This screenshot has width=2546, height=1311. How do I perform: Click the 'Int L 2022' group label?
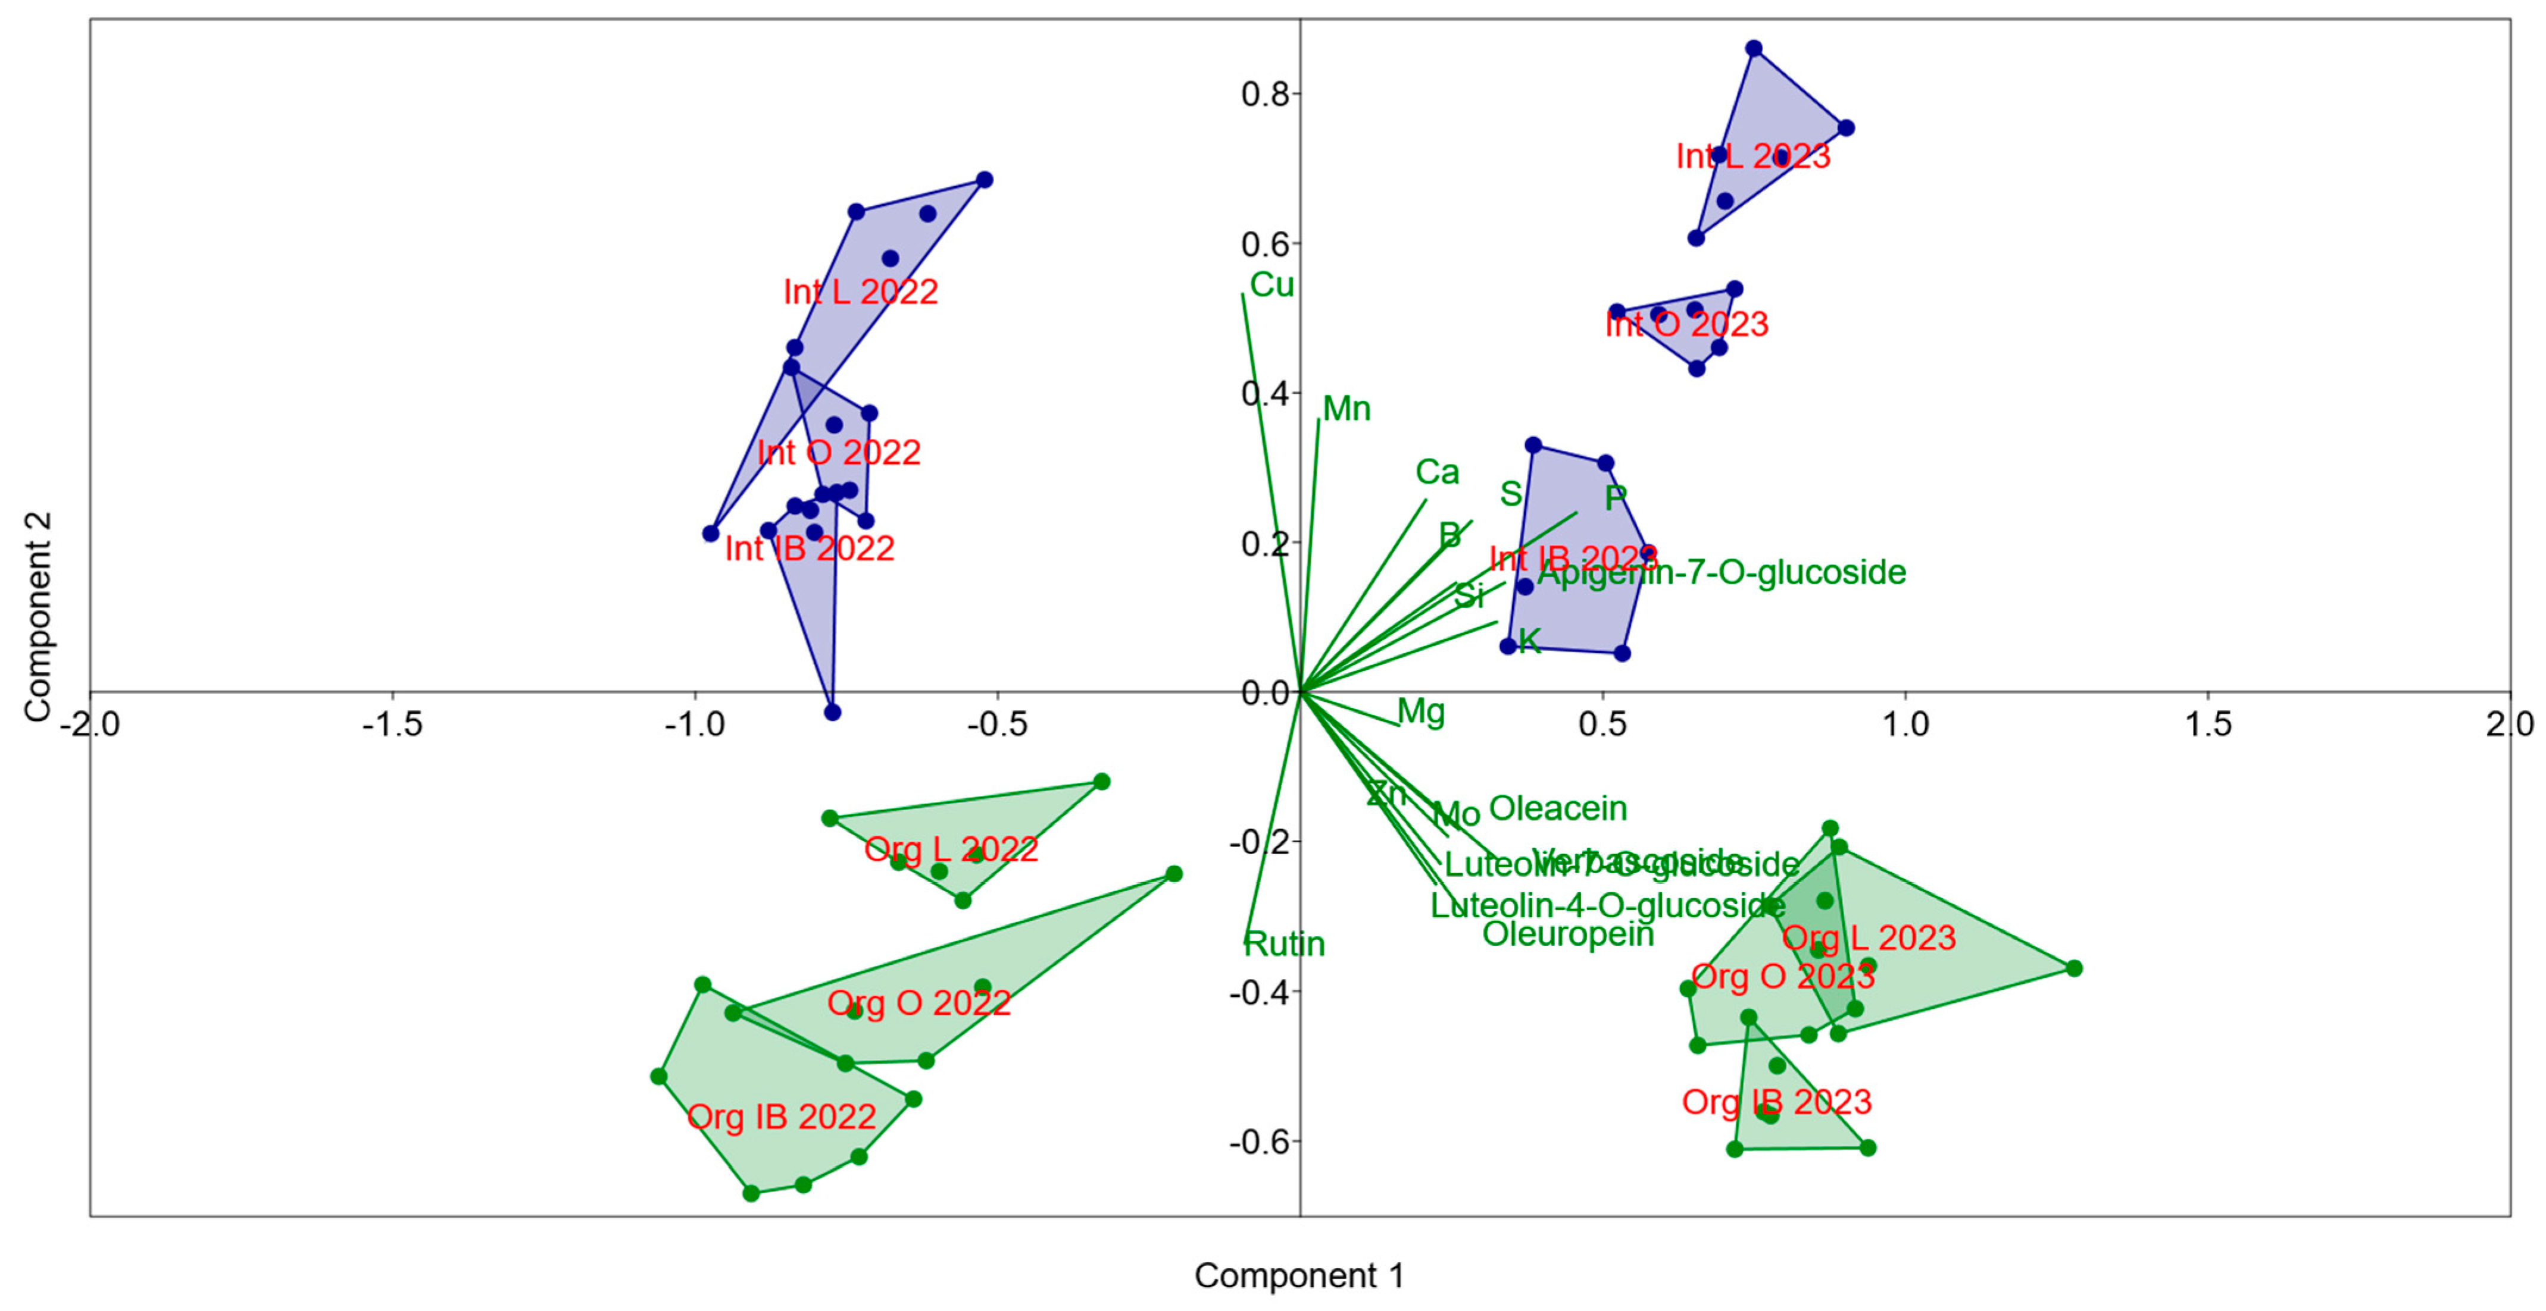[860, 293]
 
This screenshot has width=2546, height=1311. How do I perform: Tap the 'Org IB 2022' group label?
[781, 1117]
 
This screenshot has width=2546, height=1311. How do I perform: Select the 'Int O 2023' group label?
[1686, 324]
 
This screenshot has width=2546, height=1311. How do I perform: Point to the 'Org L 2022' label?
[951, 849]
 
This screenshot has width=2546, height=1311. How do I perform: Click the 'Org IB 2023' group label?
[1776, 1103]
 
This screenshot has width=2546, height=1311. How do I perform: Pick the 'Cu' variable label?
[1271, 286]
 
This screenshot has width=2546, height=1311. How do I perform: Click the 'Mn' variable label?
[1346, 409]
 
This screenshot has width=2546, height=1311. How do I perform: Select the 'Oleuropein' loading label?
[1567, 934]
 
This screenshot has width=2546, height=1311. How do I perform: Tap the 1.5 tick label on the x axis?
[2207, 725]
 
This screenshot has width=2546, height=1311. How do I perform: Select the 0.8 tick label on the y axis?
[1265, 95]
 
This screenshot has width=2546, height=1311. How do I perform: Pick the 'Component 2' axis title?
[38, 616]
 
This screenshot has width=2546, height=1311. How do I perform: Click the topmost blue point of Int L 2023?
[1753, 48]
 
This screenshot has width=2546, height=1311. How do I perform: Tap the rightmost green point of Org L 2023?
[2073, 968]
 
